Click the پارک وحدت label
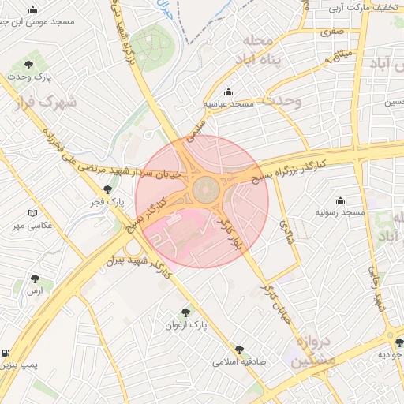29,77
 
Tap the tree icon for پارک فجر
108,189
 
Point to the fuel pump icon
6,353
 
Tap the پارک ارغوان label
186,324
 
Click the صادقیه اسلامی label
239,362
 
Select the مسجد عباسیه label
229,103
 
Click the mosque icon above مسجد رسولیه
340,200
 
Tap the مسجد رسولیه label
340,213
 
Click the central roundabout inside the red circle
205,189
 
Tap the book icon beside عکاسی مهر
32,213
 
